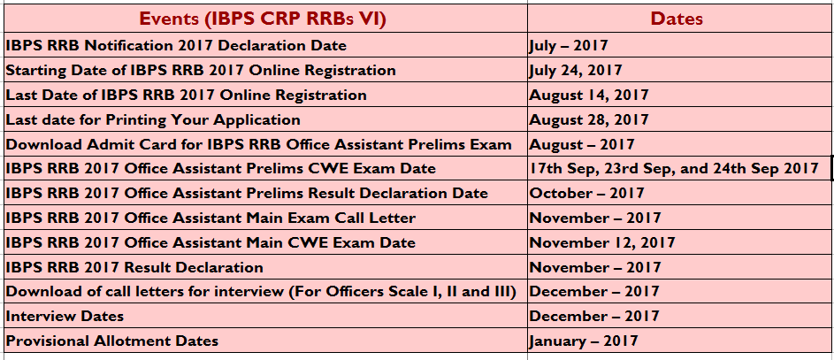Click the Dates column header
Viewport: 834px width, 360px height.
tap(676, 19)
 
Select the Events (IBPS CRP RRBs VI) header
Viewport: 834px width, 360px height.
tap(263, 19)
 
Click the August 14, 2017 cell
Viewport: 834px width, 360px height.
tap(589, 96)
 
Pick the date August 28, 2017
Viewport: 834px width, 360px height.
tap(589, 119)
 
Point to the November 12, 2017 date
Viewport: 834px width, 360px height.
tap(602, 243)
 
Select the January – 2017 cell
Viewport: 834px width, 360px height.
tap(584, 341)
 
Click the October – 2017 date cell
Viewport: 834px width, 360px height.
tap(586, 193)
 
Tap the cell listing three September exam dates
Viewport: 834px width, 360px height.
tap(674, 169)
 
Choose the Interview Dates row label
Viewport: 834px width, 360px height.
tap(65, 317)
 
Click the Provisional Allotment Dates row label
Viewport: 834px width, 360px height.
tap(112, 341)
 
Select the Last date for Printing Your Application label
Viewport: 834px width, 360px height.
tap(153, 120)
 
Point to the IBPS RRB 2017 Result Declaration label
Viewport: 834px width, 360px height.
tap(134, 267)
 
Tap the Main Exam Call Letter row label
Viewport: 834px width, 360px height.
tap(210, 218)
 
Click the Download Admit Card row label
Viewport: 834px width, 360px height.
tap(259, 145)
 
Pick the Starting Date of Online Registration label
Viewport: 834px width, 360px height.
tap(201, 71)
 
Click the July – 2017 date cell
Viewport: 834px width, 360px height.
tap(569, 46)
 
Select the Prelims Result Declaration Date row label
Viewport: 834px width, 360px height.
tap(247, 194)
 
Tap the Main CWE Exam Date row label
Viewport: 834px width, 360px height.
tap(210, 243)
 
